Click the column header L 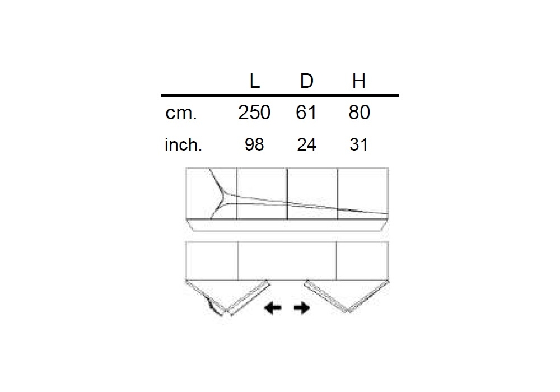(254, 81)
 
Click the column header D (306, 81)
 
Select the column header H (358, 81)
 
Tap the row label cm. (181, 113)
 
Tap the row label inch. (183, 144)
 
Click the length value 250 (254, 113)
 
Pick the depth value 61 (306, 113)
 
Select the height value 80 (360, 113)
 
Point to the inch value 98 (254, 144)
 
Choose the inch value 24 (306, 144)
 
